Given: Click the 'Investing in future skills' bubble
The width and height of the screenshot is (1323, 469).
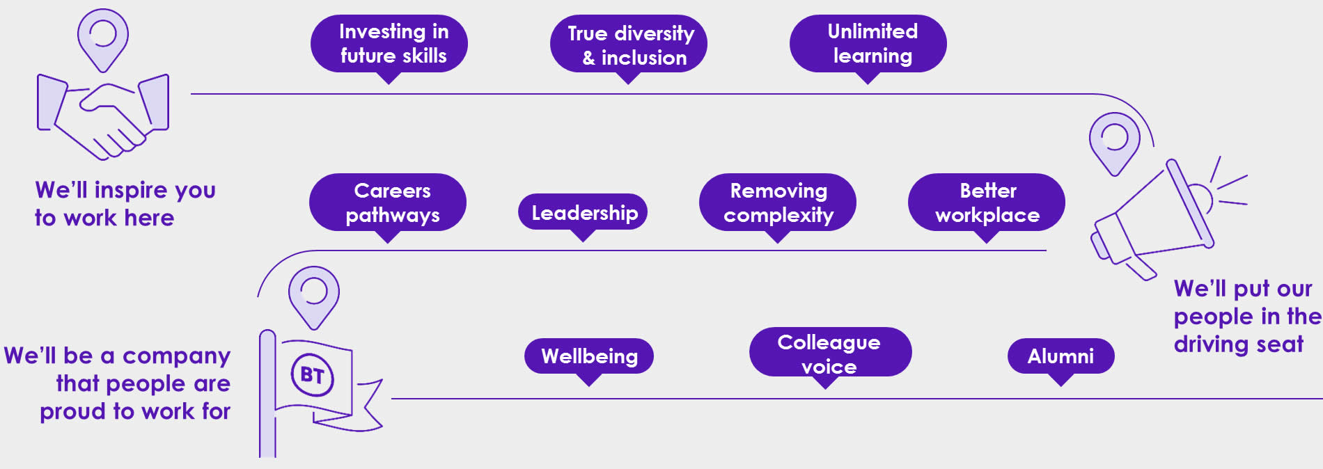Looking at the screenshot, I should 389,44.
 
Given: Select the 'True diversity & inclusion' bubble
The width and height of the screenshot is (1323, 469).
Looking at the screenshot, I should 629,45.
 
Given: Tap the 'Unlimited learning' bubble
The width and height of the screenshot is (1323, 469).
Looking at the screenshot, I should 868,44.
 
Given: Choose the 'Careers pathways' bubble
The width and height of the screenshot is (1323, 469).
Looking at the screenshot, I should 388,202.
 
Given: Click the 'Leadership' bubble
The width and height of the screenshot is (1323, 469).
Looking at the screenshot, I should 583,212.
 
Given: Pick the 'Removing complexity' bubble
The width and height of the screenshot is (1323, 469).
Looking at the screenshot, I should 778,202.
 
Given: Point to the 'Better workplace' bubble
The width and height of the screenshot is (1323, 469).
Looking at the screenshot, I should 987,202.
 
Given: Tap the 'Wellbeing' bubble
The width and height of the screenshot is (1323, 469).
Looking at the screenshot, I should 589,356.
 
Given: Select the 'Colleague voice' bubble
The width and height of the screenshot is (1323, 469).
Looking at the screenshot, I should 830,353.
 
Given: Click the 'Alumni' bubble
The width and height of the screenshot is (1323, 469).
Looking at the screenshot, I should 1060,356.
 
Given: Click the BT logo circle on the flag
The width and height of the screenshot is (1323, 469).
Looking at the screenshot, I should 312,376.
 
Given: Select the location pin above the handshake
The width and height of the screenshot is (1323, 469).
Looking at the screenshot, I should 102,38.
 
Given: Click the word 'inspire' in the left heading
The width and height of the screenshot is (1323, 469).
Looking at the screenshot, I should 131,190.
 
